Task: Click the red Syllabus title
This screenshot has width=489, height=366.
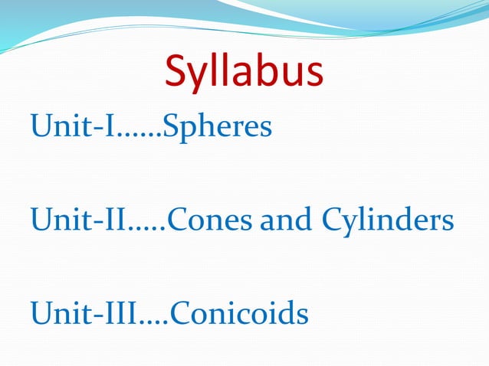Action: (244, 73)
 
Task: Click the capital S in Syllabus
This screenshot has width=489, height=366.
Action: (176, 71)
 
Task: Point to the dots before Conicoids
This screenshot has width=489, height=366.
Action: (154, 322)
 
